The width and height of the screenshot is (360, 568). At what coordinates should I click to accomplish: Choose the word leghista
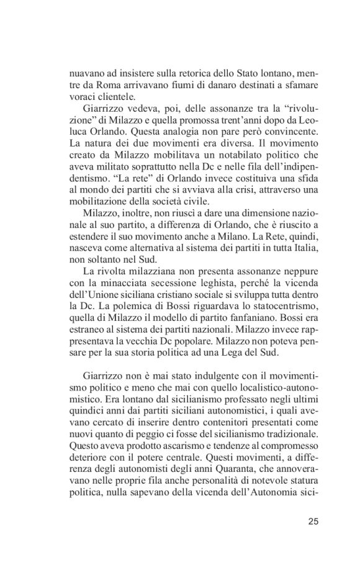[207, 281]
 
